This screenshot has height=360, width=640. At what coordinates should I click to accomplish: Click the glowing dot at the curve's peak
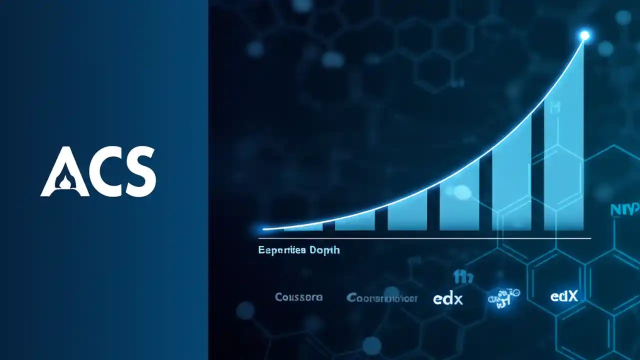coord(584,35)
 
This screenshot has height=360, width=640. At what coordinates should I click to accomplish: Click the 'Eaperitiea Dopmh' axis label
coord(298,249)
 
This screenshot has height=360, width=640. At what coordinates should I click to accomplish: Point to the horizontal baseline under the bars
coord(425,238)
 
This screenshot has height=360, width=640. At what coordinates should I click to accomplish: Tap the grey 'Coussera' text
coord(298,297)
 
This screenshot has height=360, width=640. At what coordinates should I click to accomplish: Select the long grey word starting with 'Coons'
coord(381,298)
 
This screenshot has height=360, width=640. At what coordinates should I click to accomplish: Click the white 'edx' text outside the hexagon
coord(447,298)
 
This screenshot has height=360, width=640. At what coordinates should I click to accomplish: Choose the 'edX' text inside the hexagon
coord(564,296)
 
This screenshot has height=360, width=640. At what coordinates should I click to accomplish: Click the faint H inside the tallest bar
coord(554,106)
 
